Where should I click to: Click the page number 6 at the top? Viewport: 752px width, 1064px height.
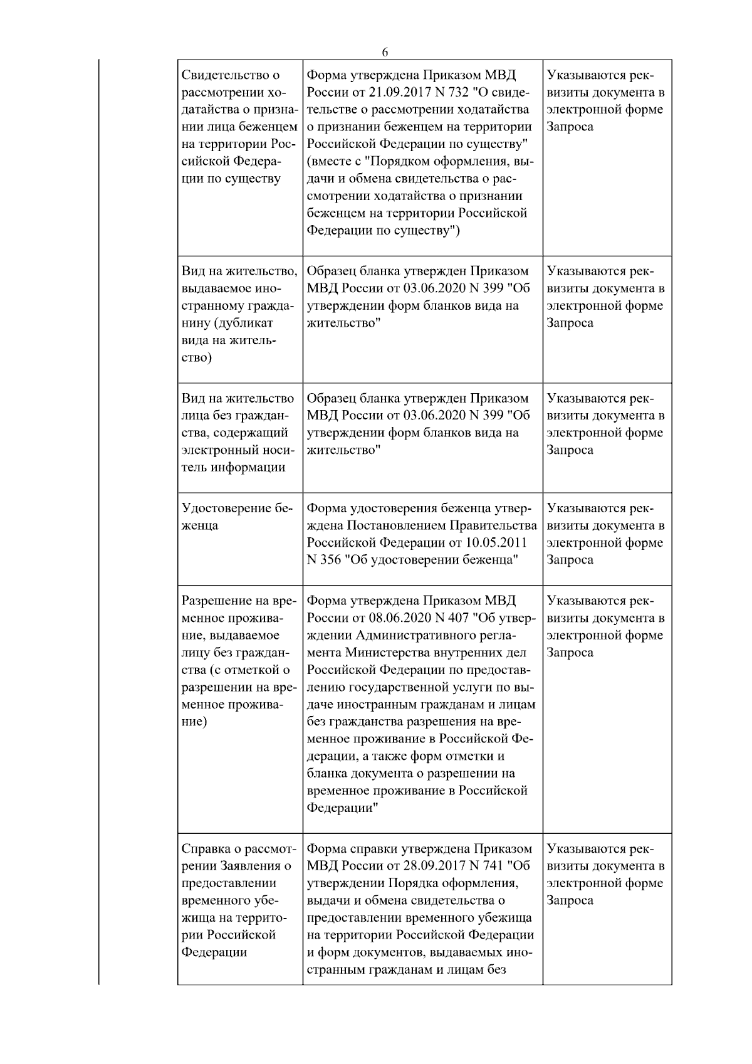385,52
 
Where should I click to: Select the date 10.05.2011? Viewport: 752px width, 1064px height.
502,542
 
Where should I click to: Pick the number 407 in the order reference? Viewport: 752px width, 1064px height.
458,618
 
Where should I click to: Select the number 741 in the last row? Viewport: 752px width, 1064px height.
493,866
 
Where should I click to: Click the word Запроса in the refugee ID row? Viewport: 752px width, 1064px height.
570,559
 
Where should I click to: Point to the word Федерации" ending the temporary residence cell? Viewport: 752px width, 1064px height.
342,808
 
